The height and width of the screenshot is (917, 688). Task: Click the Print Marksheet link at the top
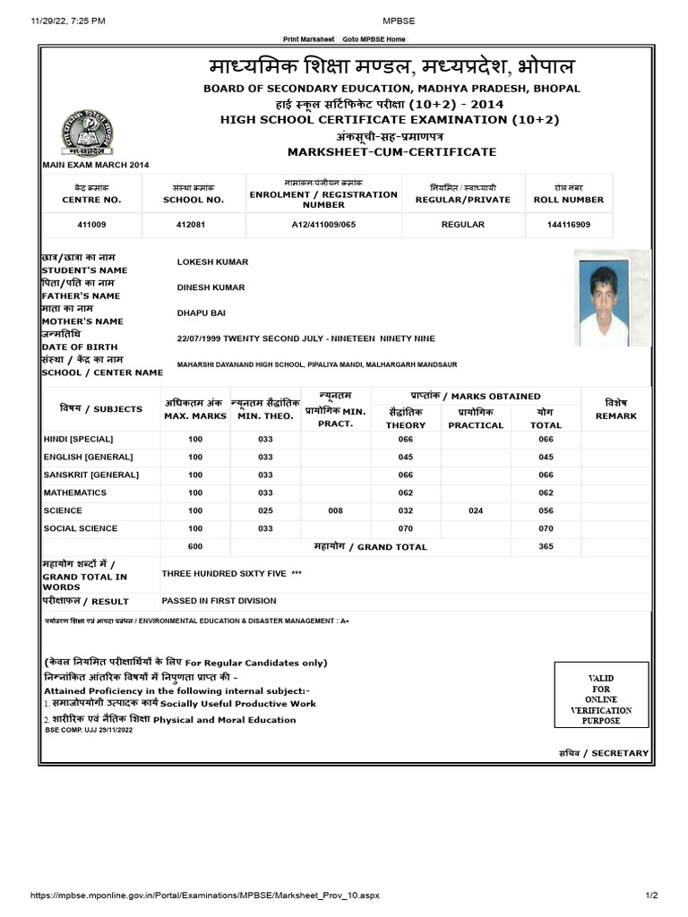click(x=307, y=39)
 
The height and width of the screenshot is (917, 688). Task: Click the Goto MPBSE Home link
click(x=374, y=39)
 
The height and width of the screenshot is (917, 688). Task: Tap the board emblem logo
click(x=88, y=133)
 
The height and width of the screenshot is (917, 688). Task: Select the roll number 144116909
click(x=568, y=224)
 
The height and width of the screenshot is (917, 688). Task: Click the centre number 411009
click(x=92, y=224)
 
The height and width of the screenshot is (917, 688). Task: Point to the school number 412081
click(x=193, y=224)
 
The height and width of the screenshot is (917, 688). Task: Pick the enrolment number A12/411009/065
click(x=323, y=224)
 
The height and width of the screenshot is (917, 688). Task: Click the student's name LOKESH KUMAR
click(x=212, y=261)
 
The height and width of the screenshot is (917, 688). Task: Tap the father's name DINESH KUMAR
click(x=211, y=287)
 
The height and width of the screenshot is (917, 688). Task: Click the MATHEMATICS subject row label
click(x=75, y=493)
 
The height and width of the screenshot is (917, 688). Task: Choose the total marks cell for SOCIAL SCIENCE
click(x=546, y=528)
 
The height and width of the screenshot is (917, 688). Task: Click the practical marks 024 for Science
click(x=476, y=510)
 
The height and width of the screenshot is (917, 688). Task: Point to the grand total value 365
click(x=546, y=546)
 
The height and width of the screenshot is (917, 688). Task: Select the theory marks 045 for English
click(x=406, y=457)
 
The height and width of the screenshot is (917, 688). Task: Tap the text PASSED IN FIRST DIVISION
click(x=219, y=601)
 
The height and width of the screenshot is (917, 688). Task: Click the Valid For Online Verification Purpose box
click(x=600, y=699)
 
